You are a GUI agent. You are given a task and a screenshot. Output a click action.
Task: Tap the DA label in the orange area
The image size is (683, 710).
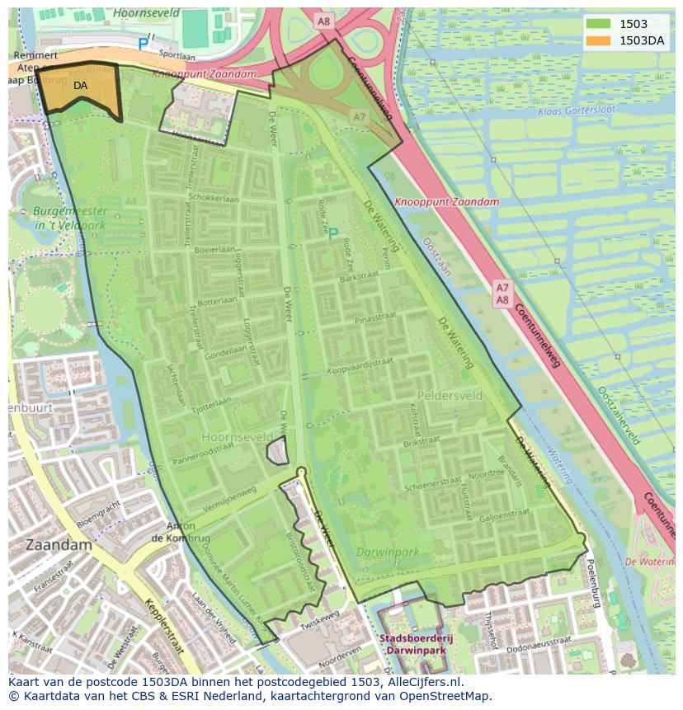[x=80, y=85]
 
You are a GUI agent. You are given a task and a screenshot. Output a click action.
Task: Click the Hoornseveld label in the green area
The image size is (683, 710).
[x=238, y=435]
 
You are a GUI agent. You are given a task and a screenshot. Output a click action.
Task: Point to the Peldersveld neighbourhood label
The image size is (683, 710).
[x=450, y=396]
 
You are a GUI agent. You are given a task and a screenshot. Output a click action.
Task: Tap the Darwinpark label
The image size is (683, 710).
[x=388, y=552]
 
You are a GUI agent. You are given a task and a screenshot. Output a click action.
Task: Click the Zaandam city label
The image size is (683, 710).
[x=59, y=545]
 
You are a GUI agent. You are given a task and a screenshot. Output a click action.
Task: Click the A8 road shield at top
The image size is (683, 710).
[x=323, y=22]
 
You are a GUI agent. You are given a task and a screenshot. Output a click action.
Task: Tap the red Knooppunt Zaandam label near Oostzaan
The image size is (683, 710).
[x=446, y=202]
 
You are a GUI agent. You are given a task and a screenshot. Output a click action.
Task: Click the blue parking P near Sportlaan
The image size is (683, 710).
[x=143, y=45]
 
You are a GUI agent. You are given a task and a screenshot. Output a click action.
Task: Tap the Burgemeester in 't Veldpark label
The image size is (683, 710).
[x=70, y=218]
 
